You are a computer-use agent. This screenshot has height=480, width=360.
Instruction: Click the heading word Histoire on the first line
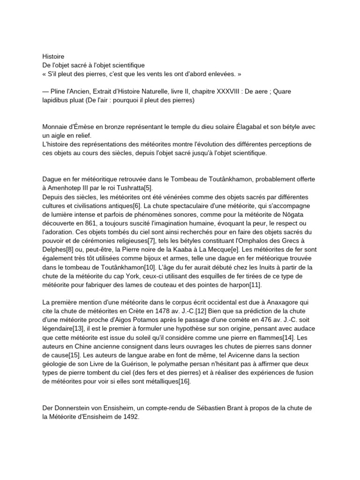click(x=53, y=56)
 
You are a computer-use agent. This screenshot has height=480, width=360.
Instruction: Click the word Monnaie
click(x=55, y=127)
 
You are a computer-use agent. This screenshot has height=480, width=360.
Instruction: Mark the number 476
click(x=263, y=320)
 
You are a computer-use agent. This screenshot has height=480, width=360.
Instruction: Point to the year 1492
click(x=130, y=417)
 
